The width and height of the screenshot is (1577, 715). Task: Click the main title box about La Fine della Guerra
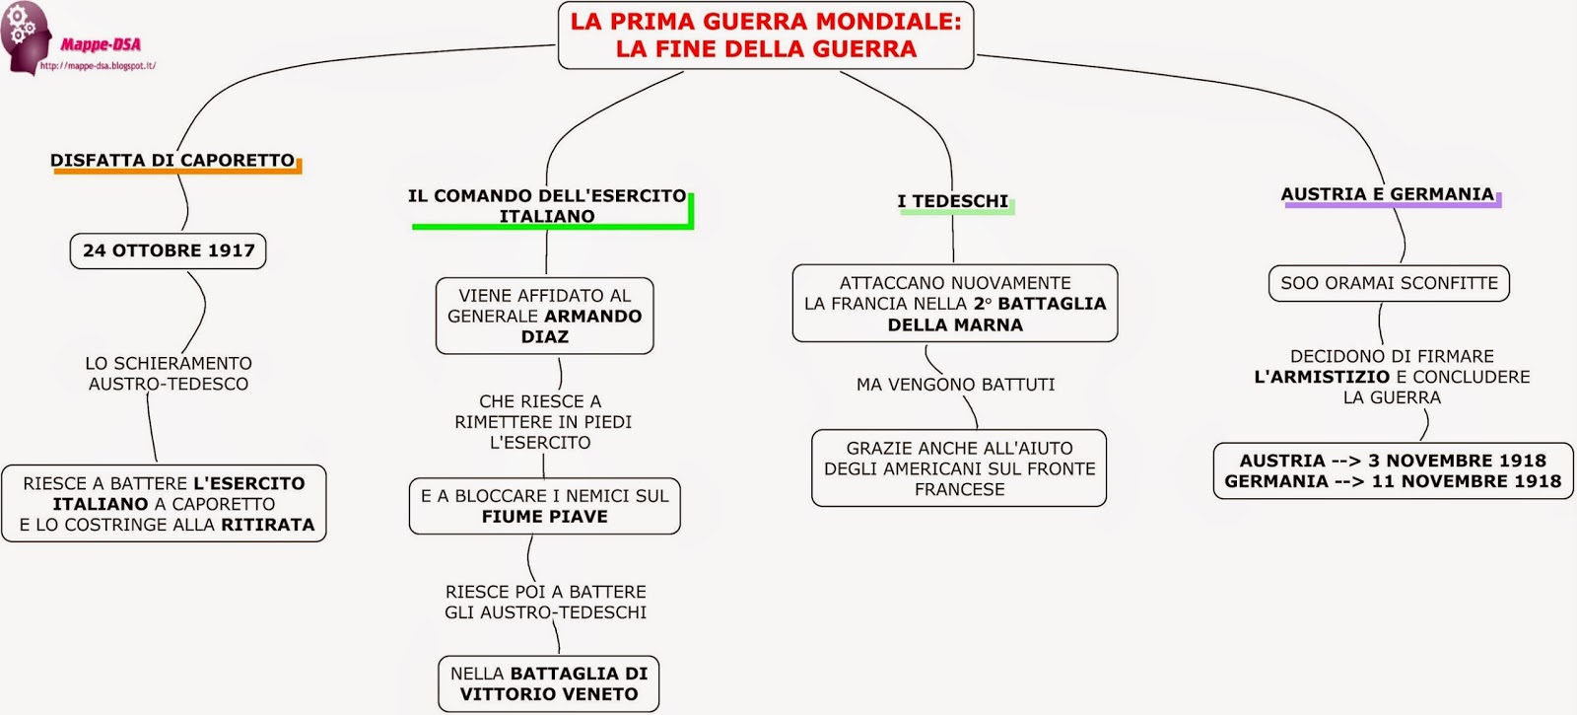click(x=766, y=36)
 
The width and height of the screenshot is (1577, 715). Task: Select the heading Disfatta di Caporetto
click(x=172, y=160)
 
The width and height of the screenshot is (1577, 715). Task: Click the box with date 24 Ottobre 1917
click(x=169, y=250)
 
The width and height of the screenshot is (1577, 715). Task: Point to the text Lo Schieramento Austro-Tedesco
click(x=169, y=374)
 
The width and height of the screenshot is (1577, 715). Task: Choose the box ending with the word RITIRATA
click(x=165, y=504)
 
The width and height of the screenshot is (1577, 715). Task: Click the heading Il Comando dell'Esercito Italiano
click(x=547, y=206)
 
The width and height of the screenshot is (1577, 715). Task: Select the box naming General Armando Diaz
click(x=545, y=316)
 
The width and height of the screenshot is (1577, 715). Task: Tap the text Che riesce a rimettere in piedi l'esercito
click(x=542, y=422)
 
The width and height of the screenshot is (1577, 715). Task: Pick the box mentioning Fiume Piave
click(x=545, y=506)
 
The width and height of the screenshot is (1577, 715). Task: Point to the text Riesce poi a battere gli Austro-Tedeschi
click(x=546, y=602)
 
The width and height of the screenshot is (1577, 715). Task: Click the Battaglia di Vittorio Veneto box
click(x=549, y=683)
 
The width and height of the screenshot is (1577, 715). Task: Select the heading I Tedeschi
click(x=953, y=201)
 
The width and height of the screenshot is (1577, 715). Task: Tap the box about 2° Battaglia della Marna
click(x=955, y=304)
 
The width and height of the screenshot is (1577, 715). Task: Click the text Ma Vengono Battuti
click(x=955, y=385)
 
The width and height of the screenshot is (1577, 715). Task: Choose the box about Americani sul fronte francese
click(x=959, y=468)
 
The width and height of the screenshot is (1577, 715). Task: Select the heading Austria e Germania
click(x=1388, y=194)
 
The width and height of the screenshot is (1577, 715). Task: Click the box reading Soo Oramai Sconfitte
click(x=1389, y=283)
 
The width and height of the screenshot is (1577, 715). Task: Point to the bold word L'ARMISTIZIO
click(x=1322, y=377)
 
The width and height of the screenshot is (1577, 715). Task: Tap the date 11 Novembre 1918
click(x=1467, y=481)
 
